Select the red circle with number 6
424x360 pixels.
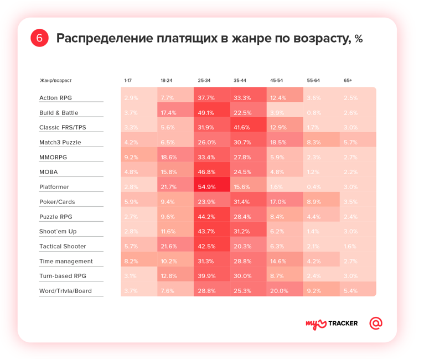click(39, 38)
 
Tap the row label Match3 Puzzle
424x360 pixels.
click(60, 142)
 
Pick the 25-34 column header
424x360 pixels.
click(204, 81)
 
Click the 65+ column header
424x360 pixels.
click(348, 81)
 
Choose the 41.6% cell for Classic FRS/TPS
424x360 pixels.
click(242, 128)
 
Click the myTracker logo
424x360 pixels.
click(332, 324)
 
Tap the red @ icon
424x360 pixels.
click(376, 323)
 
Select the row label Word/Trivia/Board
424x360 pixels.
click(65, 291)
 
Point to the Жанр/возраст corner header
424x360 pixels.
click(56, 81)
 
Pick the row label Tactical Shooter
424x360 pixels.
click(63, 247)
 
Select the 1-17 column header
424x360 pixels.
click(128, 81)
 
